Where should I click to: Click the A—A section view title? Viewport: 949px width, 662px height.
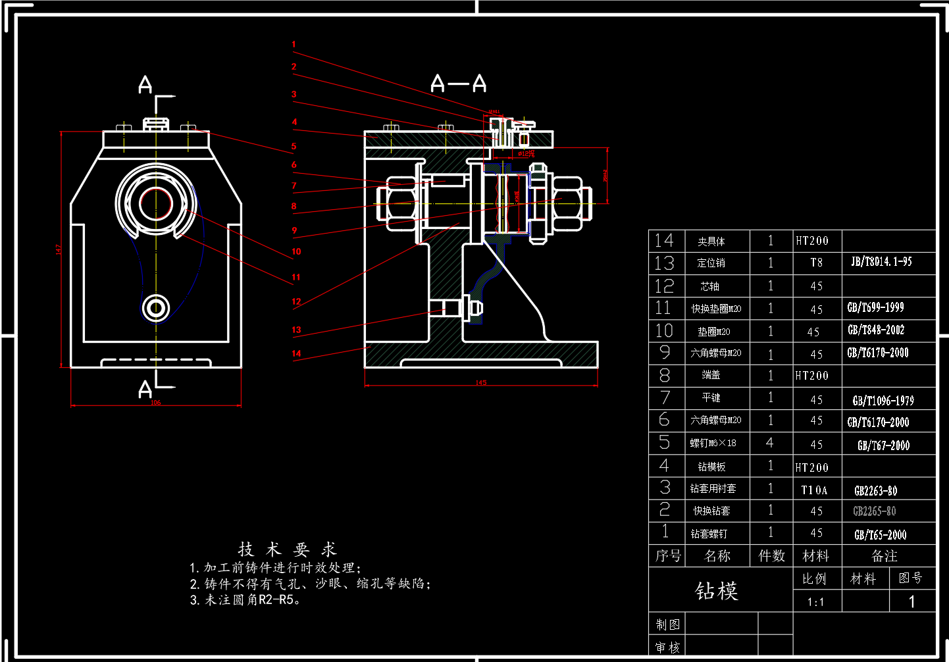pos(459,84)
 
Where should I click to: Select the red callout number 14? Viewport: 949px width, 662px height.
pos(296,353)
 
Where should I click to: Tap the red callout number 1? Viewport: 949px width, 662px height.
pos(294,45)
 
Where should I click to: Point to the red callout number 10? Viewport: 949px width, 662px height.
pos(296,251)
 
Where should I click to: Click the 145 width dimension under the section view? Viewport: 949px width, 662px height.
pos(481,382)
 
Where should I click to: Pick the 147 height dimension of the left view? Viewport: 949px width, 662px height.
pos(58,249)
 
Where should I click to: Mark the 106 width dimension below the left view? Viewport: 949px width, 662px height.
pos(155,403)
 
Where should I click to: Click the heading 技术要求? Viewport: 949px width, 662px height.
pos(288,549)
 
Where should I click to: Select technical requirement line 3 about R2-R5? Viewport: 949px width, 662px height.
pos(245,599)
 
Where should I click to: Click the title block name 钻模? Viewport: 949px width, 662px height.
pos(717,590)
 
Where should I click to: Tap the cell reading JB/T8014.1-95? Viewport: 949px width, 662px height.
pos(881,262)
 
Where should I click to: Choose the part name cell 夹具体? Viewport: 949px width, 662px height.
pos(711,242)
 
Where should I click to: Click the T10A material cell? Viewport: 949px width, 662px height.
pos(815,490)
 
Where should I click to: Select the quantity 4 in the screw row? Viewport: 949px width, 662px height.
pos(769,443)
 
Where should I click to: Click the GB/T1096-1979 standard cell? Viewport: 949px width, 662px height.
pos(883,400)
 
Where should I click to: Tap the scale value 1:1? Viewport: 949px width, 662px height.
pos(815,601)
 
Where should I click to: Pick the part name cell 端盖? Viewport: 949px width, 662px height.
pos(711,375)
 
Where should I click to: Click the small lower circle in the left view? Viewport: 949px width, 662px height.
pos(156,307)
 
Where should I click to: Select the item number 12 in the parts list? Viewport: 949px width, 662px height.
pos(664,286)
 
